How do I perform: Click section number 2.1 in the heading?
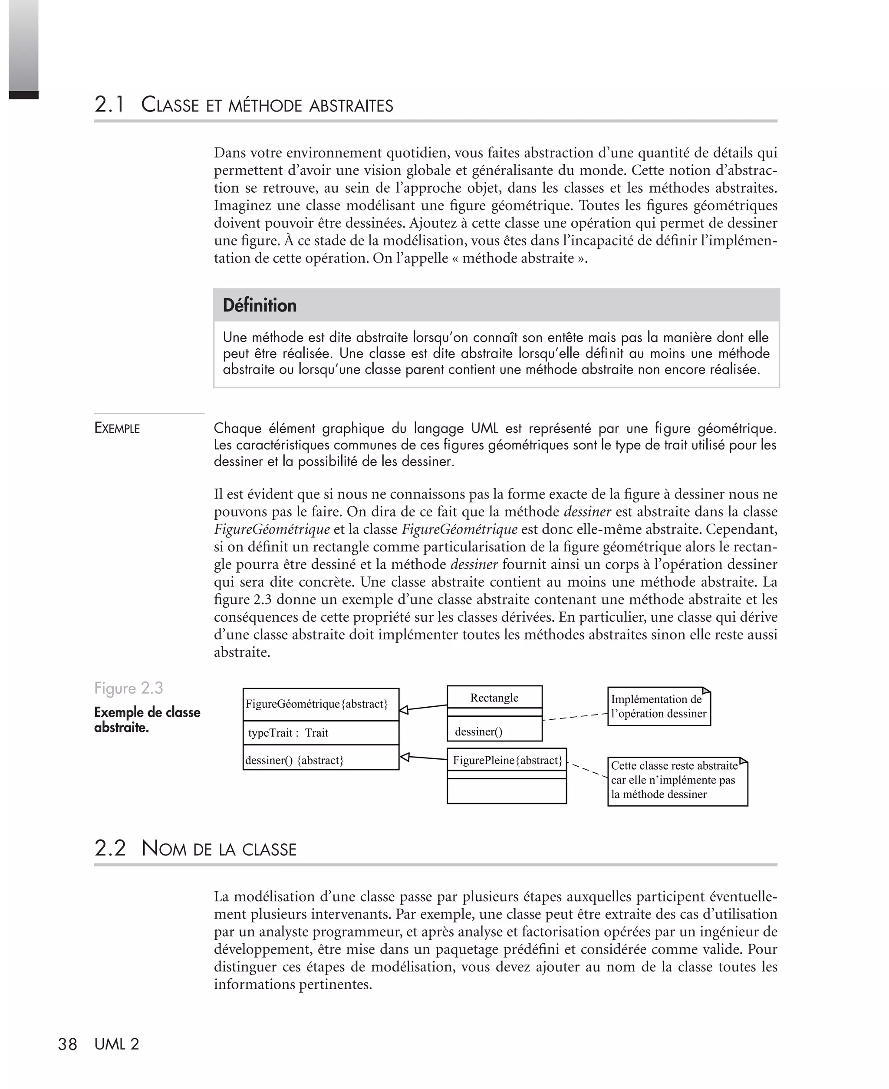click(109, 105)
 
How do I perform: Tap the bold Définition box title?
click(260, 305)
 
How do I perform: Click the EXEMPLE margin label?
click(117, 428)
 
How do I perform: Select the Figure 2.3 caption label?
click(128, 688)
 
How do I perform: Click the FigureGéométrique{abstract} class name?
click(316, 704)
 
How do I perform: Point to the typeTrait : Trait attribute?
click(288, 732)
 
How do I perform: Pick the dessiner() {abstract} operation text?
click(294, 760)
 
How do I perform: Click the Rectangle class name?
click(494, 698)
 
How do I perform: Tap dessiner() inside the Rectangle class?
click(478, 731)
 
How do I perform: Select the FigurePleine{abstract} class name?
click(507, 760)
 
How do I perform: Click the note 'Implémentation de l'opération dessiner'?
click(659, 706)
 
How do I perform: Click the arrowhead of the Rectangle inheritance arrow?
click(404, 710)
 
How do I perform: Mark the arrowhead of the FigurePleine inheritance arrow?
click(404, 757)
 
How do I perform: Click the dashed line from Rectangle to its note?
click(575, 717)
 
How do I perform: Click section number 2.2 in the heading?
click(109, 848)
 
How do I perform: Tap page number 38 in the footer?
click(67, 1044)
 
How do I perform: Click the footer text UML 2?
click(117, 1044)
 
